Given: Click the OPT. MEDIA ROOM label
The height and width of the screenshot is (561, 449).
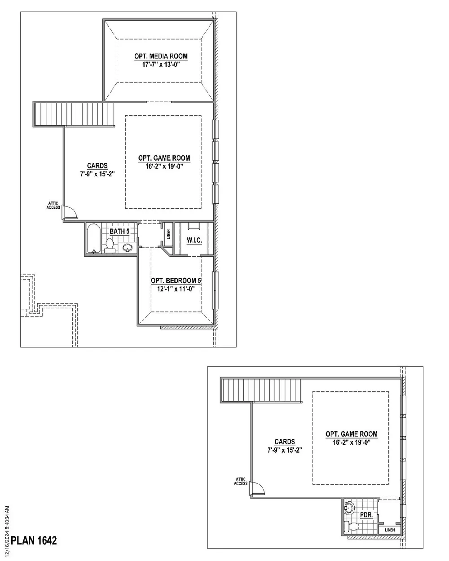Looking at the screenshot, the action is point(161,56).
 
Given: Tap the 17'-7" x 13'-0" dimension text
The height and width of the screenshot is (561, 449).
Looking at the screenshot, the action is point(161,64).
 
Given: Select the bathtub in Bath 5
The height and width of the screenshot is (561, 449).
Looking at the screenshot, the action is point(93,238).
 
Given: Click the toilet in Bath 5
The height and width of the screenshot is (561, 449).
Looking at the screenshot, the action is point(110,245).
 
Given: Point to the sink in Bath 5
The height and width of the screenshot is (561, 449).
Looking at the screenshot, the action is point(128,247).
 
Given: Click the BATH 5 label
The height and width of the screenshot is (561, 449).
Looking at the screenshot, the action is point(119,231).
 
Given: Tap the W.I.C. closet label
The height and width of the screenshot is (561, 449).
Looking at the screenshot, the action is point(194,240).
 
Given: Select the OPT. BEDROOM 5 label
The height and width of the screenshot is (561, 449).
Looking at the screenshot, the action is point(176,281).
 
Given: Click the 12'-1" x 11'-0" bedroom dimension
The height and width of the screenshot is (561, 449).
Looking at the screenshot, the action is point(176,289).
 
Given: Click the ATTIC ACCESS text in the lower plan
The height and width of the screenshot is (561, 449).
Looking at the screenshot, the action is point(241,481).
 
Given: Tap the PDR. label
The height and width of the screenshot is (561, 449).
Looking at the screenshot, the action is point(366,515).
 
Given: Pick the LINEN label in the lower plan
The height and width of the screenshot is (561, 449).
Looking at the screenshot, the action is point(390,530).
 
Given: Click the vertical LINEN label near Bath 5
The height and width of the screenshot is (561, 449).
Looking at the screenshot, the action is point(168,234).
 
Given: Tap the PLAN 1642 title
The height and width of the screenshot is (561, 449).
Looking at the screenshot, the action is point(34,540).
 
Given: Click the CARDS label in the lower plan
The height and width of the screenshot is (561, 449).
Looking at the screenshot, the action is point(285,442).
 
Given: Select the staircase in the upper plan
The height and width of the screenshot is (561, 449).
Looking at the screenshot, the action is point(74,114).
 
